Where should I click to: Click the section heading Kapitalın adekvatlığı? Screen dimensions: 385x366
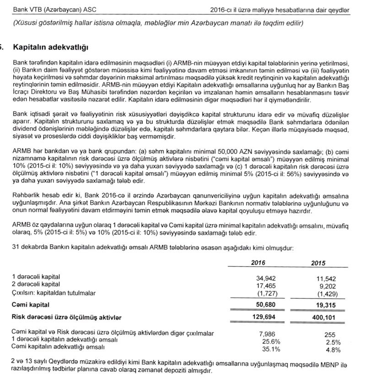51,47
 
